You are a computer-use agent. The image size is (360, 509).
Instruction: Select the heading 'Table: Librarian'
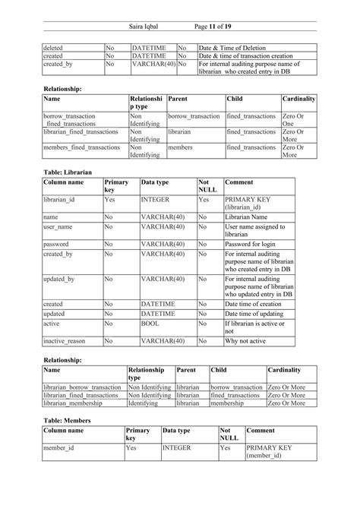[x=67, y=172]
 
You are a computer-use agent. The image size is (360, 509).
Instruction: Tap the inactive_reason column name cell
[x=64, y=341]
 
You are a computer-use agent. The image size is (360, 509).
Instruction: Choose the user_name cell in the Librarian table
[x=58, y=226]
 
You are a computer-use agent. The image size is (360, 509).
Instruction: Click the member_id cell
[x=58, y=448]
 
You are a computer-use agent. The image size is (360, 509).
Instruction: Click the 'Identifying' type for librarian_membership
[x=144, y=403]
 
